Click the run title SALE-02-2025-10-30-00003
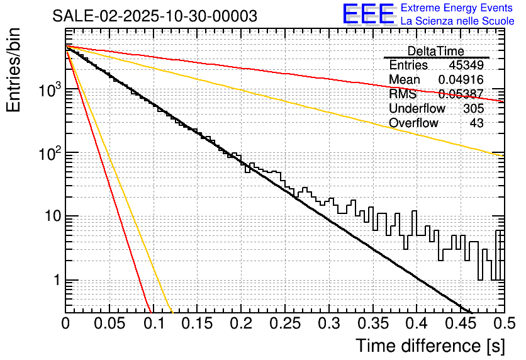click(155, 16)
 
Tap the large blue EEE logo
click(368, 14)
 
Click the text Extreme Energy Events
click(457, 8)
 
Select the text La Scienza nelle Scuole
click(457, 21)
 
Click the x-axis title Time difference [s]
click(429, 346)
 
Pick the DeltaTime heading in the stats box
click(435, 51)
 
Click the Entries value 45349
click(466, 65)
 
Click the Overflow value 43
click(476, 123)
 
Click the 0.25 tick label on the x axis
click(284, 323)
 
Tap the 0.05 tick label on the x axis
click(109, 323)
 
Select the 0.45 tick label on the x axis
click(459, 323)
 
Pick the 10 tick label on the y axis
click(49, 217)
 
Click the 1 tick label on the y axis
click(54, 280)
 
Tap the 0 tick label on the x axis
click(66, 323)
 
